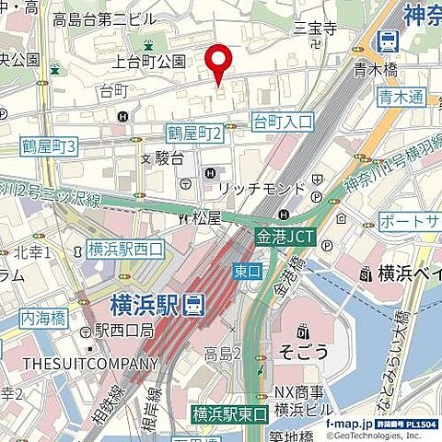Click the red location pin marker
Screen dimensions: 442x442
(218, 63)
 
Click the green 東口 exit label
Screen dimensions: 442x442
(247, 273)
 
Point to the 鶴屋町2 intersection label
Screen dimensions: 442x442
(195, 134)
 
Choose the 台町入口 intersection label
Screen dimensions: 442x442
(283, 121)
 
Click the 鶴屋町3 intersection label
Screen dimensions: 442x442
(51, 146)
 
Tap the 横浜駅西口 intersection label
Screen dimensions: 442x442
(125, 249)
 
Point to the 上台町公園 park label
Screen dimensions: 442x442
(148, 62)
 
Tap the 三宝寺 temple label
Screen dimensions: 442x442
(315, 29)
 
